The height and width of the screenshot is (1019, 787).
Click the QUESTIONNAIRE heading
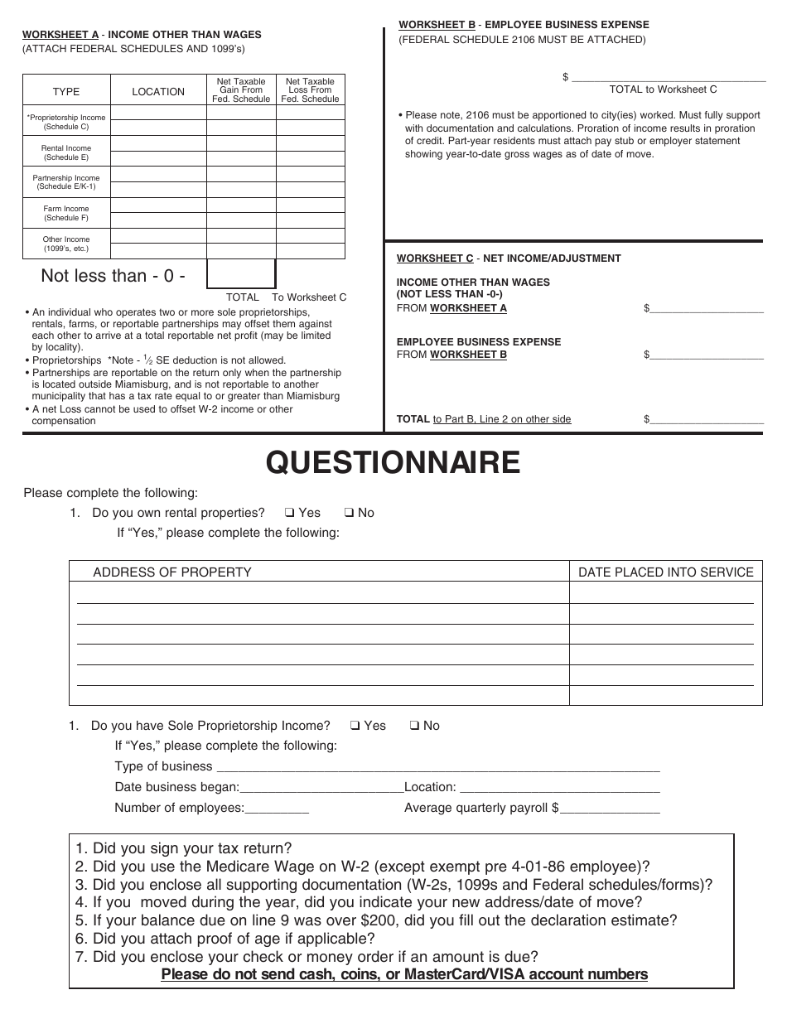[393, 463]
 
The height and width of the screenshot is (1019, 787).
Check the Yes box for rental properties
[289, 513]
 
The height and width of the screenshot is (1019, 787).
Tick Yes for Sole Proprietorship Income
[355, 726]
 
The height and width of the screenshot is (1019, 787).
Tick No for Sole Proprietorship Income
[414, 726]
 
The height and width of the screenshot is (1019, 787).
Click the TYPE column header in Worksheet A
[66, 92]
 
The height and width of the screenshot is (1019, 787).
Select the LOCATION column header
[158, 92]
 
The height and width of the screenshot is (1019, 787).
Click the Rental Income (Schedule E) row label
[66, 152]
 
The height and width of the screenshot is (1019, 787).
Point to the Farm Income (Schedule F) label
[66, 214]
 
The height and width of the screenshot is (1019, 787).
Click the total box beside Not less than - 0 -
[241, 274]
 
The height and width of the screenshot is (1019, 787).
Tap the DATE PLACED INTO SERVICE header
[665, 572]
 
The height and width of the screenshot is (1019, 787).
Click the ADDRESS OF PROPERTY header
[172, 572]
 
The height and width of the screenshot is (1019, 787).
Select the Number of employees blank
[277, 809]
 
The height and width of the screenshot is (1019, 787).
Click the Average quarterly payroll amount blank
[611, 809]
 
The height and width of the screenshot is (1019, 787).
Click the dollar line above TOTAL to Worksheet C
[669, 77]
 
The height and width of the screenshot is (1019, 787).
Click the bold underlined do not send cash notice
[404, 974]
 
